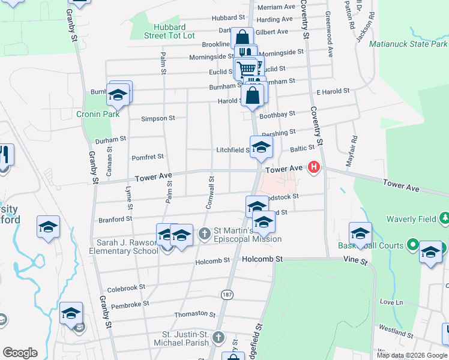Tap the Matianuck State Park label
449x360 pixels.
[x=408, y=44]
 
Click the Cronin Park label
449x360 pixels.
[x=93, y=114]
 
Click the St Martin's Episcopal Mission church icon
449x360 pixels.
[x=205, y=233]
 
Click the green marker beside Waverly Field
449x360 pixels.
[x=444, y=217]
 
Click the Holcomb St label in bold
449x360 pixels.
[x=262, y=259]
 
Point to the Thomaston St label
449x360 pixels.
[x=194, y=314]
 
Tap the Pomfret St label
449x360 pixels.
[x=148, y=157]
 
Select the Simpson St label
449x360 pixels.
[x=157, y=118]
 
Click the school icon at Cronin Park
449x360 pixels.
[x=118, y=94]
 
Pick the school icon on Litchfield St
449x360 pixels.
[x=261, y=147]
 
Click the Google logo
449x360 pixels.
[x=20, y=353]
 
